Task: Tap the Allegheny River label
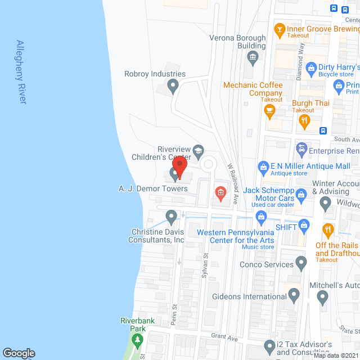tap(22, 71)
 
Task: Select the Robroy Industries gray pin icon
tap(173, 86)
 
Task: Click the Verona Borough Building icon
tap(253, 56)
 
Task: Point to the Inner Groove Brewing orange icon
tap(279, 29)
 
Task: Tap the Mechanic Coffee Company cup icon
tap(270, 110)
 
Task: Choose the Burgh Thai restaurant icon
tap(305, 120)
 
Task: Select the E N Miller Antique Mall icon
tap(263, 166)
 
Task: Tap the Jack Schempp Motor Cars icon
tap(301, 195)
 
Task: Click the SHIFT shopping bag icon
tap(304, 226)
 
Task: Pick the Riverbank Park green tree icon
tap(137, 339)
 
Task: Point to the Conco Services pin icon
tap(301, 263)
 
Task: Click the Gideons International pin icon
tap(294, 295)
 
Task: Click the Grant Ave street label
tap(224, 338)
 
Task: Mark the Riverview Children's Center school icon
tap(198, 151)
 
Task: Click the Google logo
tap(19, 353)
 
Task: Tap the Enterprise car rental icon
tap(301, 150)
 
